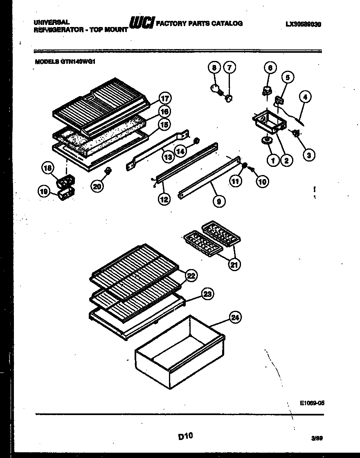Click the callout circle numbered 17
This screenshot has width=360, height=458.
[x=165, y=99]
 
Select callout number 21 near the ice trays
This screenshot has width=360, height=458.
[x=234, y=265]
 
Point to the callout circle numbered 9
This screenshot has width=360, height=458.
[x=219, y=201]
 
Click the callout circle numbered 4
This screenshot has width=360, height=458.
[x=305, y=97]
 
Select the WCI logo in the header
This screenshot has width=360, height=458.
[x=142, y=24]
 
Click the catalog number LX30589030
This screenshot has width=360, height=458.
[x=303, y=24]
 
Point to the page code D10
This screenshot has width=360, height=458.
[x=185, y=436]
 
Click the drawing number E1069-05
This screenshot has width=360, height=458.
[x=312, y=403]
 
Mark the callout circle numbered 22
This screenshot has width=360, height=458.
[x=190, y=276]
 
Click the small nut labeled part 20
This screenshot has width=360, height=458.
[x=108, y=171]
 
